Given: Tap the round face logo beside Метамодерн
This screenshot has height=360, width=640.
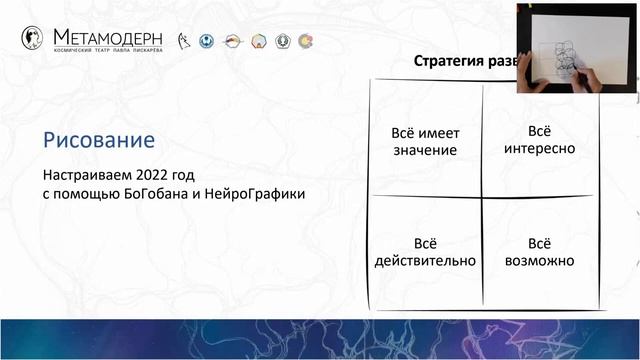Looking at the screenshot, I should pyautogui.click(x=32, y=38).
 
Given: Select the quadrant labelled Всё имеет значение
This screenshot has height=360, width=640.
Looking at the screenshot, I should pyautogui.click(x=425, y=141).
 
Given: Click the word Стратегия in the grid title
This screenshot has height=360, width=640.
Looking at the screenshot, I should pyautogui.click(x=449, y=62).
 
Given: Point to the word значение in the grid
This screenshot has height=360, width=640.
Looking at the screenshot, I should pyautogui.click(x=425, y=150).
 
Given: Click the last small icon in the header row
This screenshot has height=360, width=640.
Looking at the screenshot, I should pyautogui.click(x=305, y=41).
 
